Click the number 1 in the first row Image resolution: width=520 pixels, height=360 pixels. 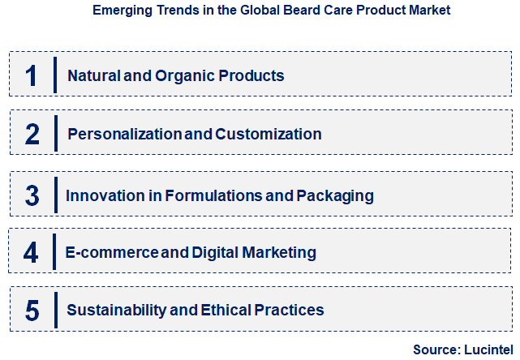tap(32, 75)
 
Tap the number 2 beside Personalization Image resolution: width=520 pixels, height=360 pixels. tap(32, 134)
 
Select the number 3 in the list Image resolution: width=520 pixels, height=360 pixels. tap(32, 195)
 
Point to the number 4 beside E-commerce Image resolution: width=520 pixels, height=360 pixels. tap(31, 252)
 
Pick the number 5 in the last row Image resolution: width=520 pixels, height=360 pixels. tap(32, 310)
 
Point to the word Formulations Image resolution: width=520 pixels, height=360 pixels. tap(204, 195)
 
